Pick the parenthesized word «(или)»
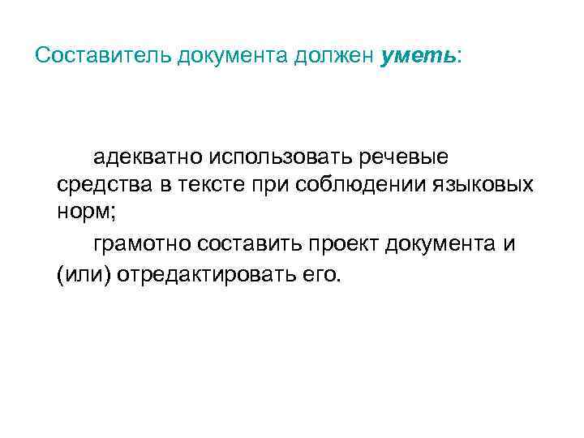(84, 274)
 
